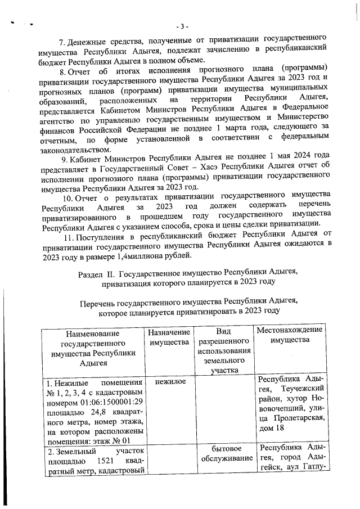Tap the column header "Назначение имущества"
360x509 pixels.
coord(168,337)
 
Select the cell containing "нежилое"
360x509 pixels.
coord(168,382)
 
